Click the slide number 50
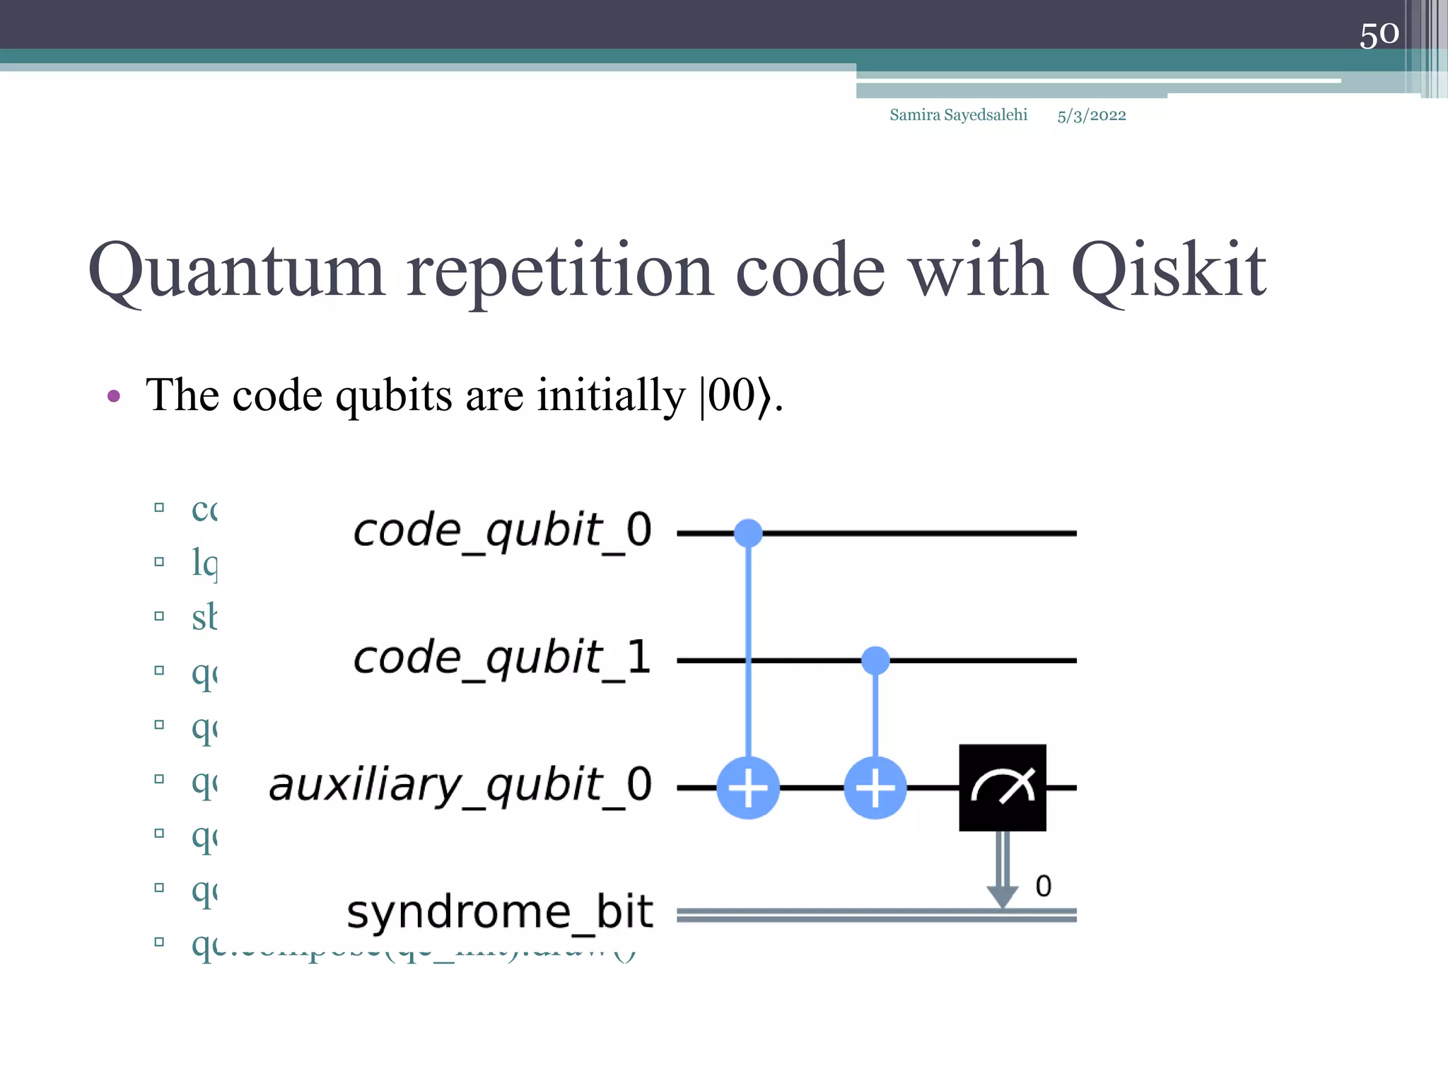coord(1379,35)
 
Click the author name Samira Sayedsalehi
coord(958,115)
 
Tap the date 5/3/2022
coord(1091,115)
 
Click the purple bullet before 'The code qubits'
coord(114,396)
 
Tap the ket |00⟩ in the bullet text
coord(735,396)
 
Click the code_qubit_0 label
coord(502,530)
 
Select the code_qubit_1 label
coord(502,658)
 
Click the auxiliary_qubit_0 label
coord(460,785)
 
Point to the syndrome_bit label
coord(499,912)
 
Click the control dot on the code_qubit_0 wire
coord(748,532)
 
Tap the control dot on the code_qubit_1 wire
coord(875,660)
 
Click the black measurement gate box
coord(1002,787)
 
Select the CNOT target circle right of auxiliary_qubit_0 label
coord(748,788)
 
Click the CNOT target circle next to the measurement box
coord(875,788)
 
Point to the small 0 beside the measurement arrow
coord(1043,886)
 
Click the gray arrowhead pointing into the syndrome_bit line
coord(1002,897)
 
